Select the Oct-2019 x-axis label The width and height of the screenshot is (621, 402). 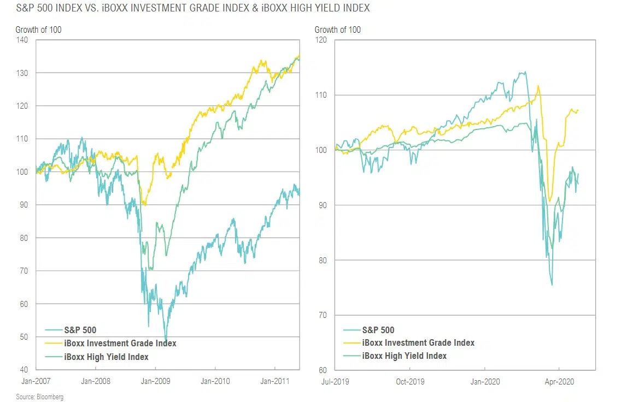tap(409, 381)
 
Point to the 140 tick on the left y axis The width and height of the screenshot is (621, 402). tap(24, 40)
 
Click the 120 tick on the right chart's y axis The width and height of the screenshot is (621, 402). tap(323, 40)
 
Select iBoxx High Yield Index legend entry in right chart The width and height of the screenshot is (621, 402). tap(404, 356)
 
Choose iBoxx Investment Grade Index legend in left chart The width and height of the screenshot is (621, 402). tap(120, 344)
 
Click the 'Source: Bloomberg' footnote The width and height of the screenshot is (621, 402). tap(39, 397)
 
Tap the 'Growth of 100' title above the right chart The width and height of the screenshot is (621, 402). tap(337, 29)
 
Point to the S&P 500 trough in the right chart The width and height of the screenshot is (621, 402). tap(552, 285)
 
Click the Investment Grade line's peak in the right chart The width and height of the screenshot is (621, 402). tap(538, 86)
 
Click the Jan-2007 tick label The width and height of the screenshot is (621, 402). tap(36, 381)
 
